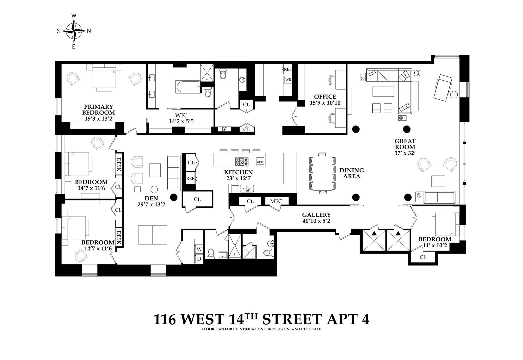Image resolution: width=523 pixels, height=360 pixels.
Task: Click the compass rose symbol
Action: [74, 31]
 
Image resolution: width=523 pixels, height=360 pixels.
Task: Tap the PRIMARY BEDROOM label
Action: [98, 112]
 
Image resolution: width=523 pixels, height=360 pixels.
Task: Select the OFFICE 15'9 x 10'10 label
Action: [325, 100]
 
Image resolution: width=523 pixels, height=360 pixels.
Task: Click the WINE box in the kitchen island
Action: [260, 162]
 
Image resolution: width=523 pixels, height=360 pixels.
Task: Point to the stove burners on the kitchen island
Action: [242, 161]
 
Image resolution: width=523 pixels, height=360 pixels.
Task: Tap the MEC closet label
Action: [276, 201]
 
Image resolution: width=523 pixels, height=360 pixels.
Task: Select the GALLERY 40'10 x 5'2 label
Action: [316, 218]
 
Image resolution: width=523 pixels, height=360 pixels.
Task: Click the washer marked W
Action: [199, 249]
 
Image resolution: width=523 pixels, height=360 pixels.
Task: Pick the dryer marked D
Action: [199, 259]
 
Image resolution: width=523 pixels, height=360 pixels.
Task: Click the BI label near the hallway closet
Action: [224, 129]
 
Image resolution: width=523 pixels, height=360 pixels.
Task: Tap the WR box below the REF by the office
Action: [288, 80]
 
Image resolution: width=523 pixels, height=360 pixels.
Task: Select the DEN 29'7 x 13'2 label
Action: [151, 201]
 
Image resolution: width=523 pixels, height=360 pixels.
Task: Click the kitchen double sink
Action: [247, 188]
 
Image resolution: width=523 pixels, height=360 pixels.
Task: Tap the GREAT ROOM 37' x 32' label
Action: [405, 147]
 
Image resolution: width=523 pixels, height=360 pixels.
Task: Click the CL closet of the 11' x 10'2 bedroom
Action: [423, 257]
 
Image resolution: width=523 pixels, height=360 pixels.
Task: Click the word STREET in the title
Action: [291, 319]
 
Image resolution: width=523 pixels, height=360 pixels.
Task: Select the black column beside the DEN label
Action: [174, 197]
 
